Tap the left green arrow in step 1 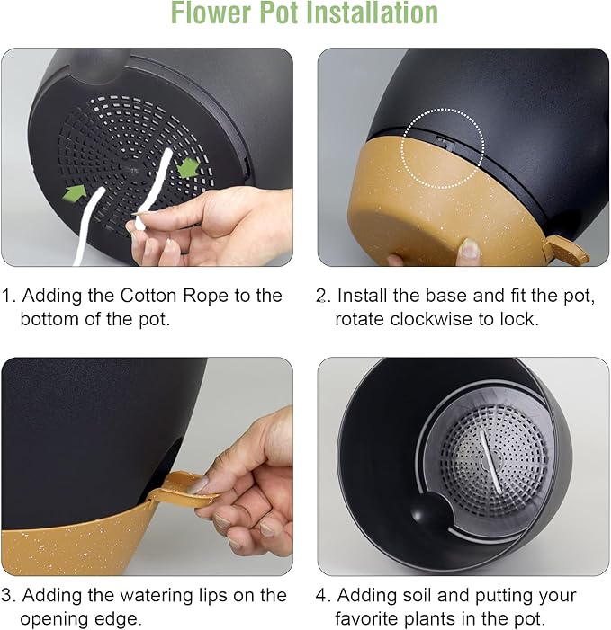tap(75, 192)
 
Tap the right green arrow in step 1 tap(188, 167)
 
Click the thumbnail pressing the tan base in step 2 tap(469, 249)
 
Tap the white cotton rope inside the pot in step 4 tap(490, 462)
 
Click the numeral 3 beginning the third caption tap(6, 596)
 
